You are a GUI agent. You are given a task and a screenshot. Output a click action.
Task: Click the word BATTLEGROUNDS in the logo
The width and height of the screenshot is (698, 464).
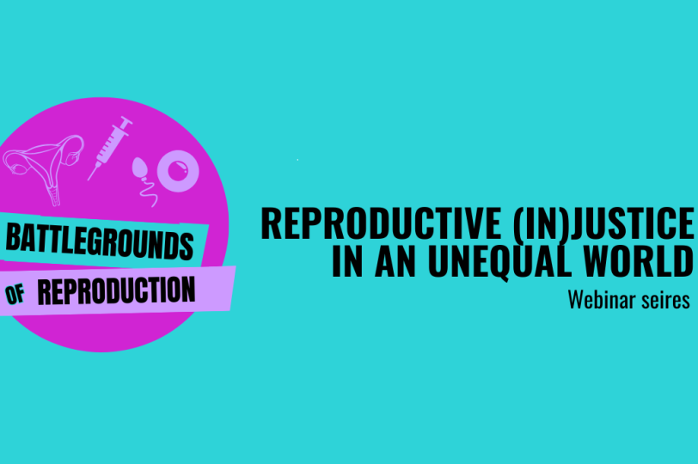pyautogui.click(x=100, y=241)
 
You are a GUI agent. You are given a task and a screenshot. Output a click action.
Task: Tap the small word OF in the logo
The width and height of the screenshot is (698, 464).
pyautogui.click(x=15, y=294)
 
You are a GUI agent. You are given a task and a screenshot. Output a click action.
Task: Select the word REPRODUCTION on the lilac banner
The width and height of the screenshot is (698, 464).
pyautogui.click(x=116, y=290)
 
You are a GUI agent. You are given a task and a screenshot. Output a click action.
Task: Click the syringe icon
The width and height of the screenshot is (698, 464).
pyautogui.click(x=109, y=148)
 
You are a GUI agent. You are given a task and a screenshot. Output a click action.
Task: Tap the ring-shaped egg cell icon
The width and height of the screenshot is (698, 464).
pyautogui.click(x=178, y=171)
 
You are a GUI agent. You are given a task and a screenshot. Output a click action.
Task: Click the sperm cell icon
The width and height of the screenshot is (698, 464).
pyautogui.click(x=144, y=181)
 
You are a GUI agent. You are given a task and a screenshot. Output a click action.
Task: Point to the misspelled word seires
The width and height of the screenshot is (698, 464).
pyautogui.click(x=666, y=300)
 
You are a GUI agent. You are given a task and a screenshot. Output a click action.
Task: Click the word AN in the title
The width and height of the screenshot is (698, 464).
pyautogui.click(x=395, y=260)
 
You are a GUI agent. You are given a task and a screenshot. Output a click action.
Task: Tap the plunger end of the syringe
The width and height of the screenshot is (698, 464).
pyautogui.click(x=126, y=120)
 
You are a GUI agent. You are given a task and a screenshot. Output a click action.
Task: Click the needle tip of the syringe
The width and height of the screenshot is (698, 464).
pyautogui.click(x=89, y=180)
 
